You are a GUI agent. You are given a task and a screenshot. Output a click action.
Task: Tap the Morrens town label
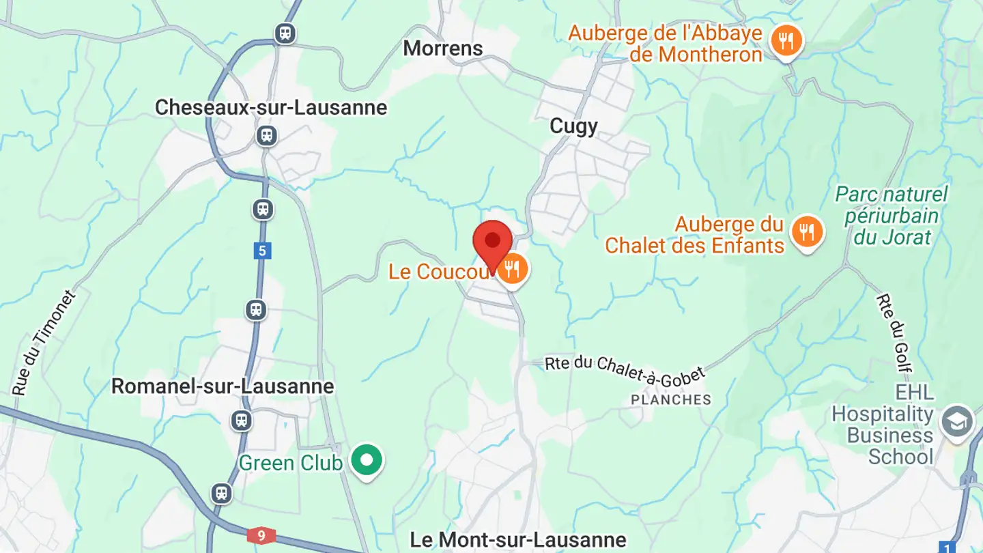442,48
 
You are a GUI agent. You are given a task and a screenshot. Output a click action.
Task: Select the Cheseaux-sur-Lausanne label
271,107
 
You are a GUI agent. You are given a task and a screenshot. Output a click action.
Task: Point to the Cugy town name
573,126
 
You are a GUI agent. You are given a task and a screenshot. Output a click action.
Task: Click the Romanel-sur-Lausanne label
223,386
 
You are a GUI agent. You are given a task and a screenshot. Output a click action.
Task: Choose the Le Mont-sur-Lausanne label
517,540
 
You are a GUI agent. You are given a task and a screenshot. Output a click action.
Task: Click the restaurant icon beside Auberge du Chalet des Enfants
807,232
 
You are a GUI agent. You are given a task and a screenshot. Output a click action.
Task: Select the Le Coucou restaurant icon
512,270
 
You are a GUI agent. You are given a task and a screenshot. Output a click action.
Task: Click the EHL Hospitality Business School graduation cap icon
956,423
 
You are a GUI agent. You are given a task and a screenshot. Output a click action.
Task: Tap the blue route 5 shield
262,251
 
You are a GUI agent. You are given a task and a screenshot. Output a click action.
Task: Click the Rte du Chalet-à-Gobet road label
625,370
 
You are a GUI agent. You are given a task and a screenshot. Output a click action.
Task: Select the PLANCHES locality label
670,400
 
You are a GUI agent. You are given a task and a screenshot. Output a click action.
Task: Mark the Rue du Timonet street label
44,343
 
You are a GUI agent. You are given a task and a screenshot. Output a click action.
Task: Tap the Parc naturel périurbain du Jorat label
892,216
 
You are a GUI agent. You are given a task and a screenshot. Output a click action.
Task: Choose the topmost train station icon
285,33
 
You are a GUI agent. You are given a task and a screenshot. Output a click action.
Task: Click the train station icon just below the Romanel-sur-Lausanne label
241,420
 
